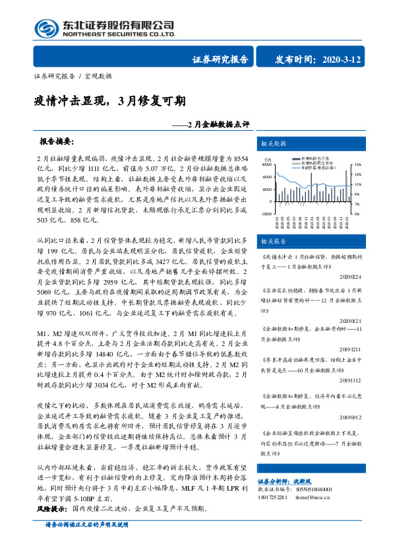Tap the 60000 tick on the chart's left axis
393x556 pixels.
click(x=268, y=165)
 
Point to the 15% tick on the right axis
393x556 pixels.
click(x=359, y=164)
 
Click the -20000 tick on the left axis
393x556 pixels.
click(x=267, y=214)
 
